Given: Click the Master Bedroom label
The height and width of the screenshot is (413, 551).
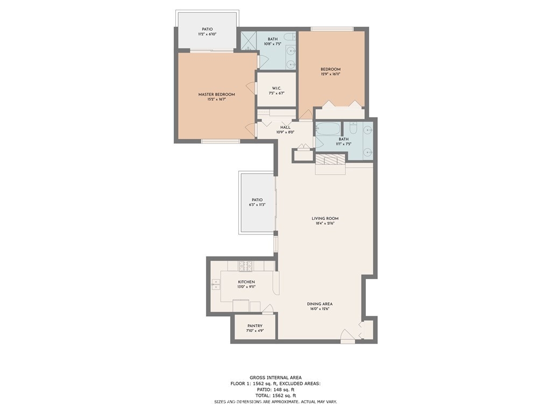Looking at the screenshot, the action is coord(216,94).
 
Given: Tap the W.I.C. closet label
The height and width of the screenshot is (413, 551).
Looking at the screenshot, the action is coord(277,88).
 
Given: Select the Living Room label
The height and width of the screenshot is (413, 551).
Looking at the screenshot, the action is coord(325,218).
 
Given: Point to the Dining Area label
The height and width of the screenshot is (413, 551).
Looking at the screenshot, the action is coord(320,304).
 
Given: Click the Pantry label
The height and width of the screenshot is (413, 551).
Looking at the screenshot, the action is coord(255,326).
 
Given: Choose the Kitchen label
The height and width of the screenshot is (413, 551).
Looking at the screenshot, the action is coord(246,282).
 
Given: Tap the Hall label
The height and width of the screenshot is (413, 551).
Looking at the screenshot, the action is coord(285,127).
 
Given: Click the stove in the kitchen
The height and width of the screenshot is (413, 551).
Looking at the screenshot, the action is coord(245,266).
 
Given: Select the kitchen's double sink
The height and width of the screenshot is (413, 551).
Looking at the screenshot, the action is coord(215,284).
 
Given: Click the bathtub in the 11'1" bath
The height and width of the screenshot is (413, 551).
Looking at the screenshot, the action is coord(328,129).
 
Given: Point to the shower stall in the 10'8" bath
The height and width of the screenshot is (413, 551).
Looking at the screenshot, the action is coord(249,42).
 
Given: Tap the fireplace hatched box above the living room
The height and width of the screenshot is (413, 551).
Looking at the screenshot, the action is coord(330,159).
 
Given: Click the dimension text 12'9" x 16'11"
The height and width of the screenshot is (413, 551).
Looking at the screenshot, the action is coord(331,74).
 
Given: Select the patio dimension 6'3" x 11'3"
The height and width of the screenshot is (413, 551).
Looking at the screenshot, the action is coord(257,205).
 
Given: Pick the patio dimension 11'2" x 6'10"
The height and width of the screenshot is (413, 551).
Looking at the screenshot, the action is coord(207,34).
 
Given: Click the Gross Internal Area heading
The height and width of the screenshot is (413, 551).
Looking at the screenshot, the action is coord(275,378).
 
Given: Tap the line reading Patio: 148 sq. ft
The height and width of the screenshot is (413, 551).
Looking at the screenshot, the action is coord(275,389).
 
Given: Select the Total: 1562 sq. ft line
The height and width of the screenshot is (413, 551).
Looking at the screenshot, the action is coord(275,395).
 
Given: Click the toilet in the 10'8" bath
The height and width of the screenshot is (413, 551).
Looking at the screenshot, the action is coord(290,37).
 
